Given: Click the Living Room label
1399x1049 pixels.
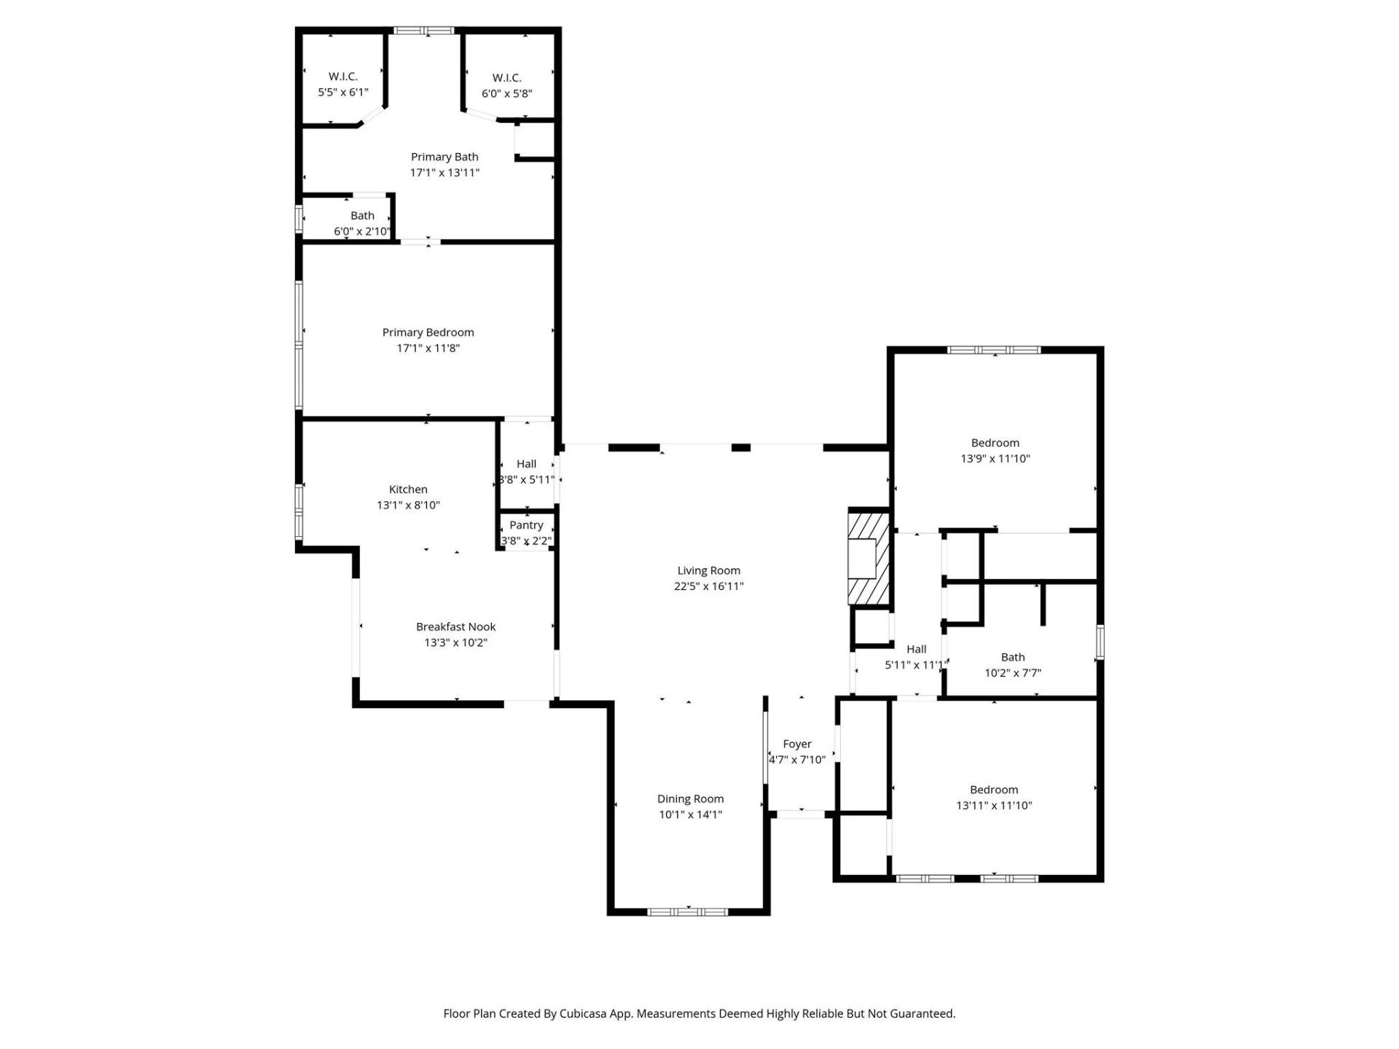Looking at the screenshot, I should point(708,570).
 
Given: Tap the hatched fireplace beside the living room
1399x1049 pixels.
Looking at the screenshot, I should point(869,559).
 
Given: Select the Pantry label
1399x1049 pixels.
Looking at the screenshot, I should point(526,524).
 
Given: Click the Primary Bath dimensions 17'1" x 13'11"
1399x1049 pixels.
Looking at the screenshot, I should point(444,173).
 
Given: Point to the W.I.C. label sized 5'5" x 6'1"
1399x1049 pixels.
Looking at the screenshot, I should point(342,76).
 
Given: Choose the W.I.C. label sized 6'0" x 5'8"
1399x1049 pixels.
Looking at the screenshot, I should point(506,78).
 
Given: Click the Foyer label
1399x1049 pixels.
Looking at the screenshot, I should point(797,744).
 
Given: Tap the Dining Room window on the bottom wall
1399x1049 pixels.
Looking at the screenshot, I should point(688,911).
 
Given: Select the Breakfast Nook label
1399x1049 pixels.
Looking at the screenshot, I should point(455,626).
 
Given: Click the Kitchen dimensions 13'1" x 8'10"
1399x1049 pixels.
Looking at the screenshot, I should point(408,505).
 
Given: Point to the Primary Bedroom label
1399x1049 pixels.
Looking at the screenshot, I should point(428,332).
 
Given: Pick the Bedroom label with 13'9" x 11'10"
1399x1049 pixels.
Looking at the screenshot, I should point(995,443).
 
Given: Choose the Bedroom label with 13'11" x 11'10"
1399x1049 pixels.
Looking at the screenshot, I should point(994,790).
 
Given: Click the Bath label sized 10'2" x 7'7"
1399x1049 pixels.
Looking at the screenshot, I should point(1013,657).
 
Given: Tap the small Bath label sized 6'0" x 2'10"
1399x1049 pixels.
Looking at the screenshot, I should point(362,216).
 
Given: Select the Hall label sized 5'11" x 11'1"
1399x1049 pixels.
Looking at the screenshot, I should point(916,649).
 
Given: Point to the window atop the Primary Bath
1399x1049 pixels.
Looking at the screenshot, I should point(424,31).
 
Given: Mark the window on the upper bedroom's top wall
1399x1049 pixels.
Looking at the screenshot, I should point(994,350).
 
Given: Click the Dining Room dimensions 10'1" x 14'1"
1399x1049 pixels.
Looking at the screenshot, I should point(690,814).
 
